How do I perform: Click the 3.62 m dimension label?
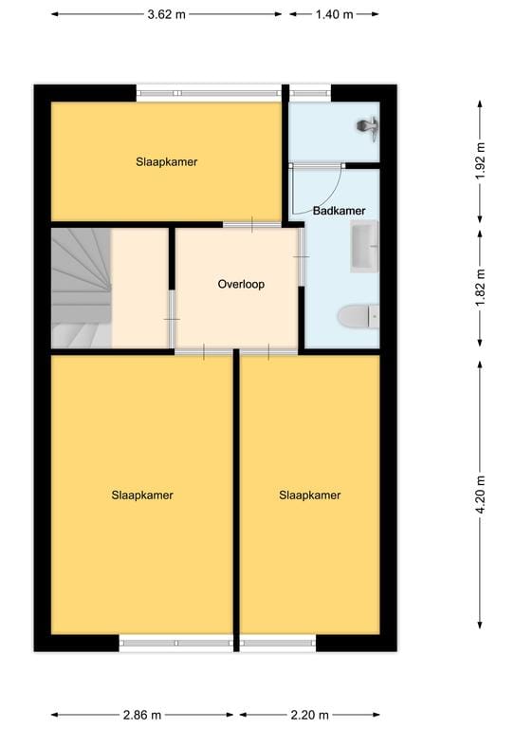click(167, 14)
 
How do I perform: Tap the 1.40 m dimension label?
click(334, 14)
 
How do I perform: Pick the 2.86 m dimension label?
click(141, 715)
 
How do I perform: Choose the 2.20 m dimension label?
click(309, 715)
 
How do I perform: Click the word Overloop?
click(241, 284)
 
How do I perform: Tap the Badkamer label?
click(339, 211)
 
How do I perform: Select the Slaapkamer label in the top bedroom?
click(166, 161)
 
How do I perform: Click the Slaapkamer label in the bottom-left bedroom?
click(142, 495)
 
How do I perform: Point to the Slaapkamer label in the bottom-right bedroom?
click(309, 495)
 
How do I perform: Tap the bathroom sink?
click(364, 246)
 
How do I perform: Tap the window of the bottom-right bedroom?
click(278, 643)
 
